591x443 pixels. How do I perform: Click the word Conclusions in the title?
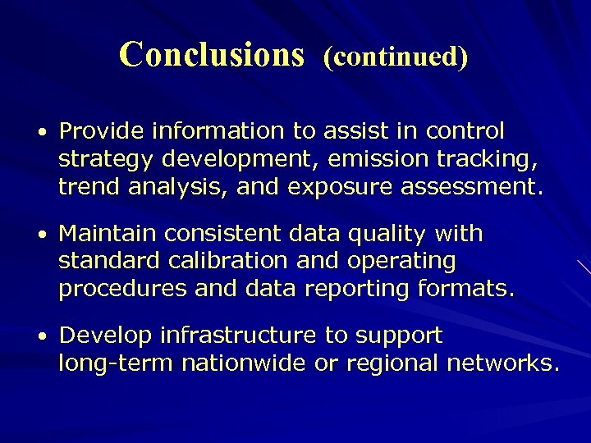click(211, 54)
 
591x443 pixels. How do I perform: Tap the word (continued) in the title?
click(396, 56)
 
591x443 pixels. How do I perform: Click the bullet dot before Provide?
click(40, 132)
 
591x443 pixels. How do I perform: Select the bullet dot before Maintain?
click(40, 235)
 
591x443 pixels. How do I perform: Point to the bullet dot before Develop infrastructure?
click(40, 336)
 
